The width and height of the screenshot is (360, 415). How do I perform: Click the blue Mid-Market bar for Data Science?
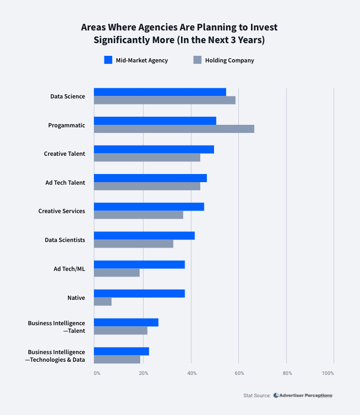(160, 92)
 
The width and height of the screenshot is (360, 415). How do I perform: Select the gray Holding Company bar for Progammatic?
(174, 129)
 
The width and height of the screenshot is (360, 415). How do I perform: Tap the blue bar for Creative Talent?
(154, 149)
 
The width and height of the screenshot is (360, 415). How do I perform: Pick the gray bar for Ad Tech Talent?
(147, 186)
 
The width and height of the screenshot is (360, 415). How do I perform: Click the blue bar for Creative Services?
(149, 206)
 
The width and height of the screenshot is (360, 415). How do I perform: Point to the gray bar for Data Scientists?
(133, 244)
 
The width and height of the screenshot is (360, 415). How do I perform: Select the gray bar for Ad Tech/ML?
(117, 272)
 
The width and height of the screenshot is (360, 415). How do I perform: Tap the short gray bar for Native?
(102, 301)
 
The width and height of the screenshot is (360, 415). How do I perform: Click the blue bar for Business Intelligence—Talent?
(126, 322)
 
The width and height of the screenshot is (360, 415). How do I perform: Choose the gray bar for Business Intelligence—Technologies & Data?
(117, 359)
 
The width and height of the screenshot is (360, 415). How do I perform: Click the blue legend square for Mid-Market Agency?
(107, 60)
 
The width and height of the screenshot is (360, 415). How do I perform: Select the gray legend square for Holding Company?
(197, 60)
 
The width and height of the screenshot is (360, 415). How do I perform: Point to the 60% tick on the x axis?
(239, 373)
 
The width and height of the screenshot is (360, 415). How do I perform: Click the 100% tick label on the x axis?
(328, 373)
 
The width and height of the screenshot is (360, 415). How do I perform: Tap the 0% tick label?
(97, 373)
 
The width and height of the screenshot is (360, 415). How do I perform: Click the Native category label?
(76, 298)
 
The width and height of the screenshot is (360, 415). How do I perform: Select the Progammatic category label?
(66, 125)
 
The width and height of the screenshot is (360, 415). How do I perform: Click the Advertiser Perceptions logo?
(303, 395)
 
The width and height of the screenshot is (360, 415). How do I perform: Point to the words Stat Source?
(257, 395)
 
